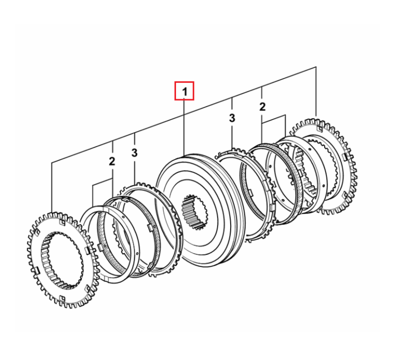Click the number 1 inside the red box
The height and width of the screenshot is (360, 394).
[185, 92]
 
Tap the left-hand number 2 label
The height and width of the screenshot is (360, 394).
[112, 161]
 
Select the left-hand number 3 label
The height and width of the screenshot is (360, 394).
[134, 152]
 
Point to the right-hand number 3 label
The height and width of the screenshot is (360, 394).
[232, 118]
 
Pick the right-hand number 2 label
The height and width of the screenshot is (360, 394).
[262, 107]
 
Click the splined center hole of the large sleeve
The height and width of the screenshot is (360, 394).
[195, 212]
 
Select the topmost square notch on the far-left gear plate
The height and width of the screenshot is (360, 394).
[61, 223]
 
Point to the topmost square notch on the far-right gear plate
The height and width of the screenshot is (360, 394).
[319, 129]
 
